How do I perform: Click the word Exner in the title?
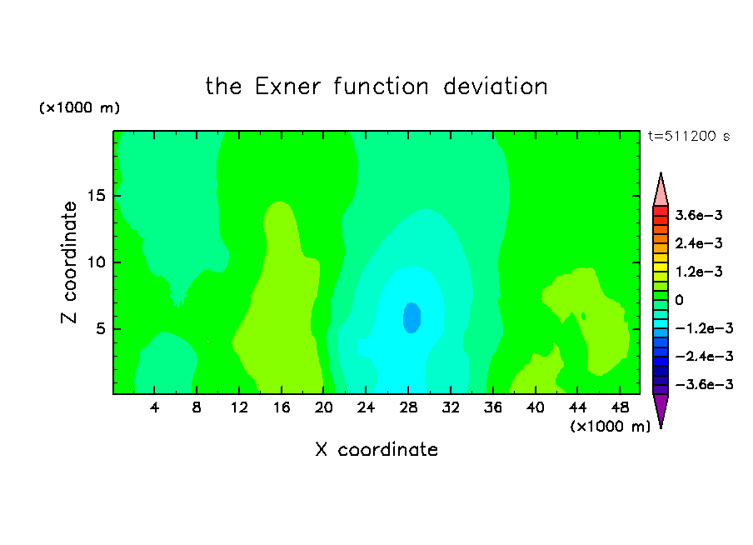point(287,87)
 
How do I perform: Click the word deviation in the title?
point(495,87)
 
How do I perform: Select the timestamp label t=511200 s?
point(689,137)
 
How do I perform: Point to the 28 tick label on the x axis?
point(408,407)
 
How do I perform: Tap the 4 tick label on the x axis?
point(154,407)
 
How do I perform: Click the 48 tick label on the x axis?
point(620,407)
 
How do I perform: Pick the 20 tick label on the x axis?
point(324,407)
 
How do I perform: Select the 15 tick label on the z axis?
point(96,196)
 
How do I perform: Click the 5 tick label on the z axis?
point(100,328)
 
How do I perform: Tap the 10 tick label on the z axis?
point(96,262)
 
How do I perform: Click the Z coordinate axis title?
point(69,262)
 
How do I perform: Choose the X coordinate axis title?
point(377,450)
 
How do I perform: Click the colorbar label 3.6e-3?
point(699,215)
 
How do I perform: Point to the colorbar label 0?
point(679,300)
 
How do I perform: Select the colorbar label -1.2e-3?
point(704,328)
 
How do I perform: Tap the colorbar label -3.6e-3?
point(704,384)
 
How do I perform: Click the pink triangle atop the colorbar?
point(661,190)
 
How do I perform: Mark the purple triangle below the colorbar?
point(661,410)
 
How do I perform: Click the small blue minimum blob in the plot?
point(411,317)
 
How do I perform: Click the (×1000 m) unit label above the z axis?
point(79,107)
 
